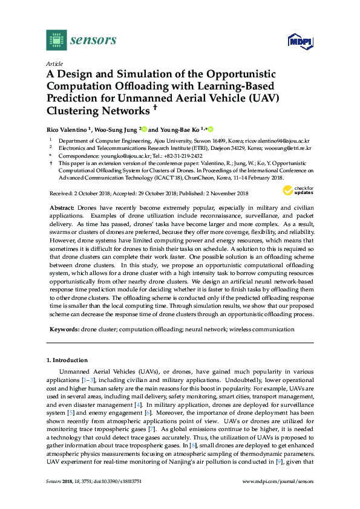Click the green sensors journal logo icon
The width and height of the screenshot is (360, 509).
55,41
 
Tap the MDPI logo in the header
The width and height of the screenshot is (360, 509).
297,41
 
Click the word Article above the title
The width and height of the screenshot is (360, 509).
53,63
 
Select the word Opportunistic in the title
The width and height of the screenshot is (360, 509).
240,74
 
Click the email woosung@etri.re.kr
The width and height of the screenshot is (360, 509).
287,148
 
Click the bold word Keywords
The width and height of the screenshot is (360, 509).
64,329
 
